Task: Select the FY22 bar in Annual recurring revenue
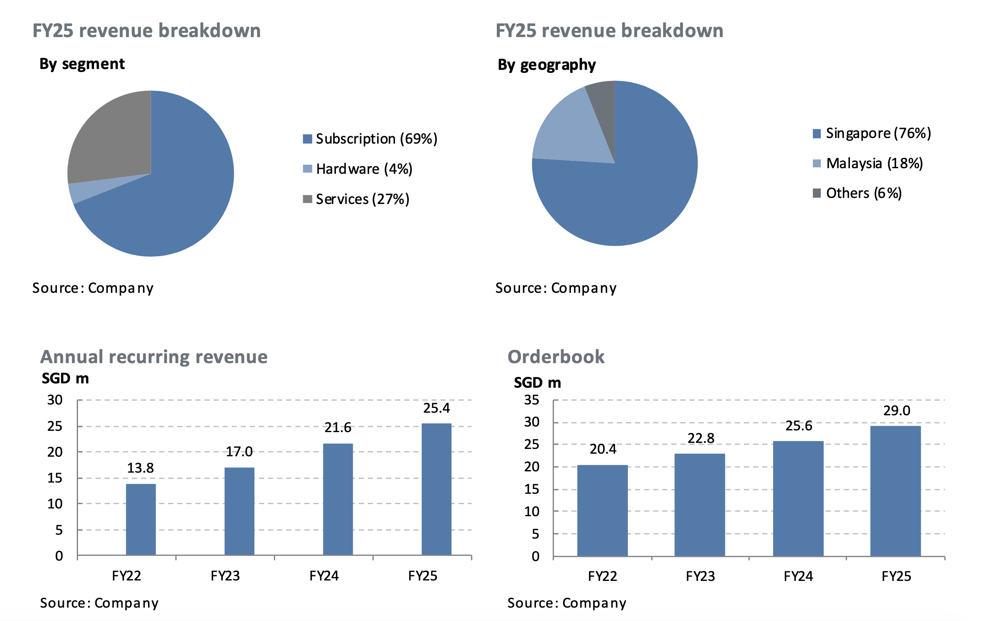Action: (141, 519)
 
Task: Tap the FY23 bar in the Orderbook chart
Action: (699, 505)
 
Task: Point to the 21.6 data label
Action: (338, 428)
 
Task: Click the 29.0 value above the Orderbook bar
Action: (897, 411)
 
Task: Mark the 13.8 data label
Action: (140, 468)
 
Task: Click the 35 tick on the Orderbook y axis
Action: (531, 400)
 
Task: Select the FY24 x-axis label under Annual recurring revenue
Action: (324, 576)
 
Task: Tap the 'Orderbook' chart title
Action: (556, 357)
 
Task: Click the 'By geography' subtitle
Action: (546, 65)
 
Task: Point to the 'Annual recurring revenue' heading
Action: (154, 357)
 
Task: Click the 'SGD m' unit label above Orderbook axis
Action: (537, 383)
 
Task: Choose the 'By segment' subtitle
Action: (82, 64)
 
